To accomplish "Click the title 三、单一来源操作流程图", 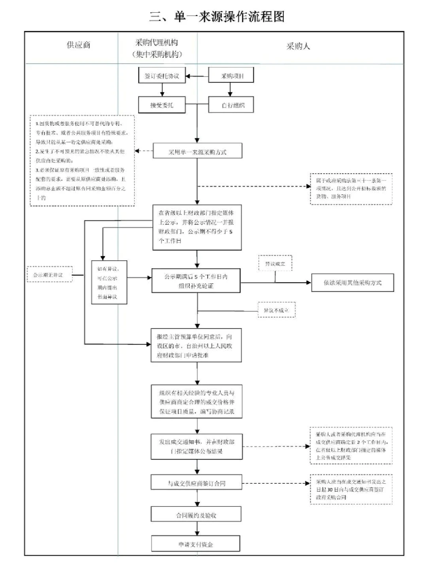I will pos(217,17).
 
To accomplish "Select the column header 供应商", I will pos(78,45).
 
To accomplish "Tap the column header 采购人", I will pos(298,46).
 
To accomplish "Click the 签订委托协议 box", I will pos(162,76).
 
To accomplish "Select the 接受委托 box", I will pos(162,105).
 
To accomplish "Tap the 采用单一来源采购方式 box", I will pos(197,152).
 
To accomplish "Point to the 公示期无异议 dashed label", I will pos(49,275).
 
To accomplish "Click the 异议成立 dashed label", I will pos(275,264).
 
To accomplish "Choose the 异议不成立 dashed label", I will pos(276,311).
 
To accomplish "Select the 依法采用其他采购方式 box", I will pos(352,283).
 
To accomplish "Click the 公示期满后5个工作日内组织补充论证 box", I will pos(196,281).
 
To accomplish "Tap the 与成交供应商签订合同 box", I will pos(196,483).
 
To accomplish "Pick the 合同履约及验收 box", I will pos(196,515).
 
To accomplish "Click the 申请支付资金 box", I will pos(196,544).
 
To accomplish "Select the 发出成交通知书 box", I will pos(196,447).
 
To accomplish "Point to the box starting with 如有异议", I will pos(109,283).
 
